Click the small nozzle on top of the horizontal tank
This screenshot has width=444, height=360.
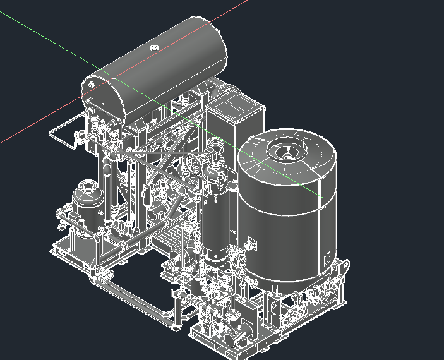(x=154, y=47)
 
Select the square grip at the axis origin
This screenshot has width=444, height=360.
(x=114, y=76)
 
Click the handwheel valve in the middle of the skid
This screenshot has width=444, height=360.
(x=194, y=165)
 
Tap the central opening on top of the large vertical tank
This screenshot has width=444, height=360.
(x=287, y=152)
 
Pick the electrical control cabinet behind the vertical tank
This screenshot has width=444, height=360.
(x=234, y=117)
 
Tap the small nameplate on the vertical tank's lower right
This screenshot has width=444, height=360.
(x=327, y=256)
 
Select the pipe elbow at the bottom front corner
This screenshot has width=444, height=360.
(x=175, y=322)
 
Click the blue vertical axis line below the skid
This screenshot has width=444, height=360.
(x=114, y=303)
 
